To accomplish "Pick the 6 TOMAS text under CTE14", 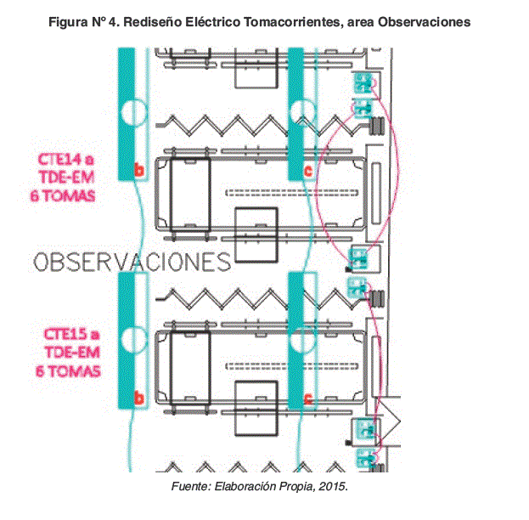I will coord(65,195).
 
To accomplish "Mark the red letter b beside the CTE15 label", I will coord(139,398).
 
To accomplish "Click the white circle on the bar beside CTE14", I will coord(133,112).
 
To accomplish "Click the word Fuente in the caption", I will coord(190,489).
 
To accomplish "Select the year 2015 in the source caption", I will coord(334,489).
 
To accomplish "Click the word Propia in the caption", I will coord(299,489).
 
